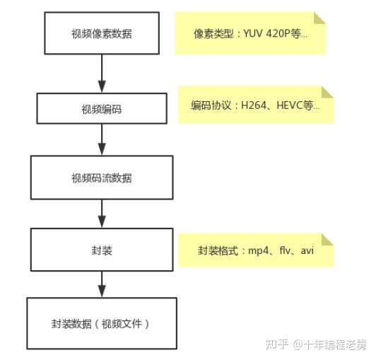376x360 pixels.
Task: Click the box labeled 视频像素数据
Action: coord(101,33)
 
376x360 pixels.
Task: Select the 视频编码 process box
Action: coord(101,109)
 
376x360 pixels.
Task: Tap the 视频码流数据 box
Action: coord(101,178)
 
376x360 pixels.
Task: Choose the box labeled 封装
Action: coord(101,250)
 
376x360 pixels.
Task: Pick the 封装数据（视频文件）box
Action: coord(101,324)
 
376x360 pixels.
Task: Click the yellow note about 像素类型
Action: coord(250,33)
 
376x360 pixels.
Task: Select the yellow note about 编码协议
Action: coord(254,105)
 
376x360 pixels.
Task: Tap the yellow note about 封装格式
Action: coord(255,250)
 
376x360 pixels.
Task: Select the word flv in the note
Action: coord(286,250)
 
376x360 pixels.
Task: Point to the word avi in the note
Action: coord(307,250)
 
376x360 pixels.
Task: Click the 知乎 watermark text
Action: coord(276,344)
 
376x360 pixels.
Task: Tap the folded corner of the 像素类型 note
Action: coord(319,17)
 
